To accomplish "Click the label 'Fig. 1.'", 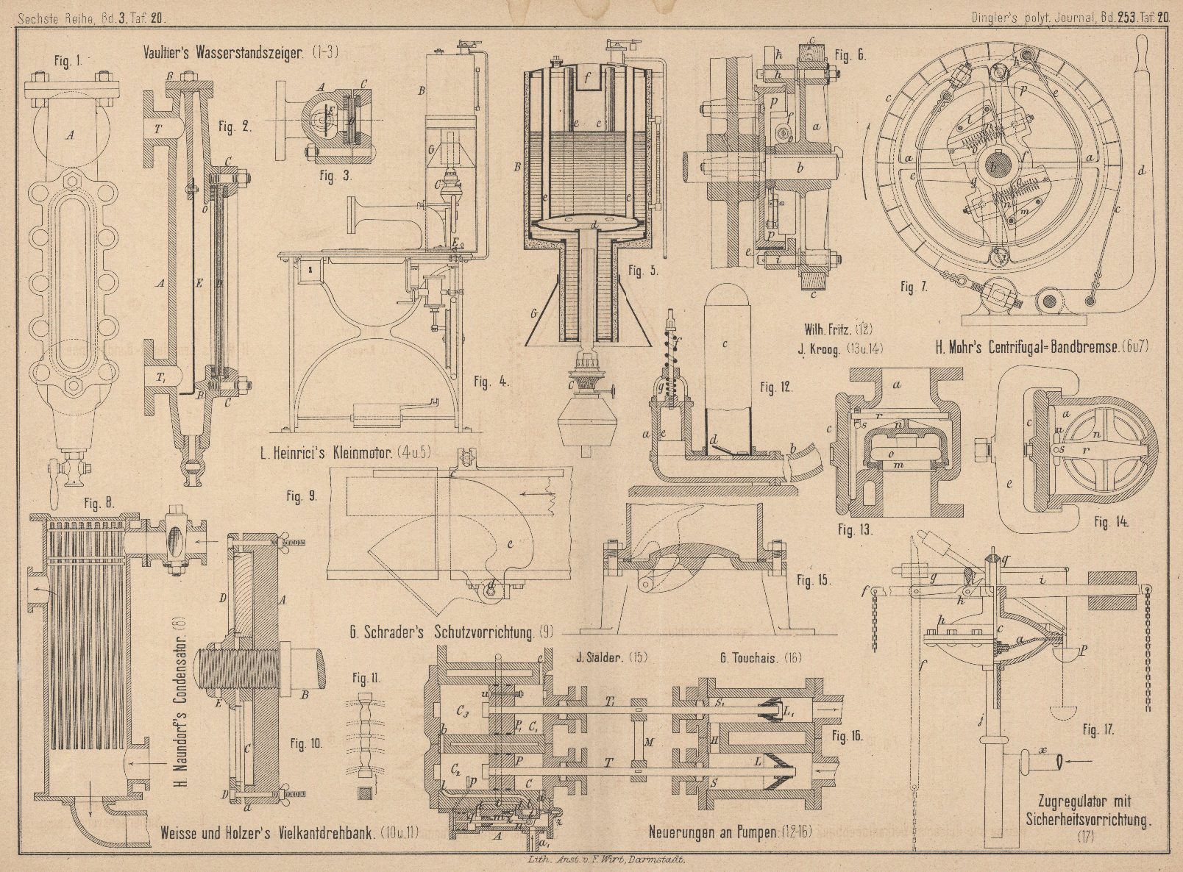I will click(x=68, y=62).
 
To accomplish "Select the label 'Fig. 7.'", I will click(x=913, y=287).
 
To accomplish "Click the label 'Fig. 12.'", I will click(x=777, y=387).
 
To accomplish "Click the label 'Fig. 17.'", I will click(x=1098, y=730).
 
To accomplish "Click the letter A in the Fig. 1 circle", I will click(x=71, y=135).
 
